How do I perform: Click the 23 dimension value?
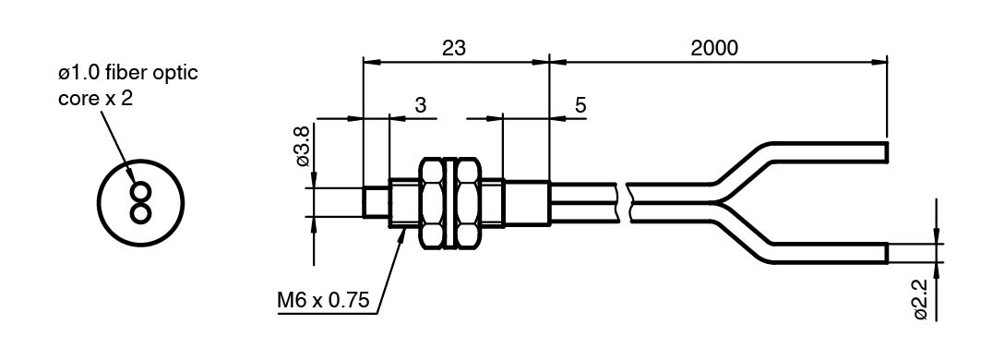(x=454, y=48)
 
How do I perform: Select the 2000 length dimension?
(x=714, y=48)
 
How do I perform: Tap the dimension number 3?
(x=421, y=105)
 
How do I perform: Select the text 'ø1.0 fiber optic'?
(x=127, y=73)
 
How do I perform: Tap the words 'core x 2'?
(x=95, y=99)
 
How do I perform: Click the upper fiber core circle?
(x=141, y=190)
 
